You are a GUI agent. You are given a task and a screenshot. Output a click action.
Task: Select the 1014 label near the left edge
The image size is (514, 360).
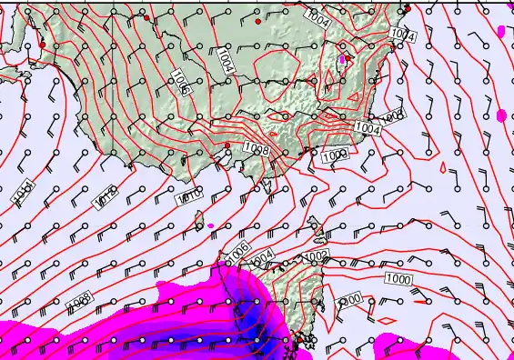tap(23, 193)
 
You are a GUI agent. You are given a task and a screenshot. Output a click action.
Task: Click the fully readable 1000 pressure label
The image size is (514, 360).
tap(398, 277)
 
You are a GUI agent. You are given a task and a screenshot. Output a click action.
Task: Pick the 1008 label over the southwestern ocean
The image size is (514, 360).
tap(78, 298)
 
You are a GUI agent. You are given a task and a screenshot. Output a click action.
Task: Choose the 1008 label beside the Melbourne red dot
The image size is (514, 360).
tap(254, 148)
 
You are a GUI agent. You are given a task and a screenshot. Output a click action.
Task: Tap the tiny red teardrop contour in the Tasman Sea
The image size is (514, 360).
tap(442, 168)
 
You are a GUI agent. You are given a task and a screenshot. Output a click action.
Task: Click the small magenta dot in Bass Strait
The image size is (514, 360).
tap(210, 225)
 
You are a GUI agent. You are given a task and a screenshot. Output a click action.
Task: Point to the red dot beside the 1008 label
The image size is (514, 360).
tap(227, 145)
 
